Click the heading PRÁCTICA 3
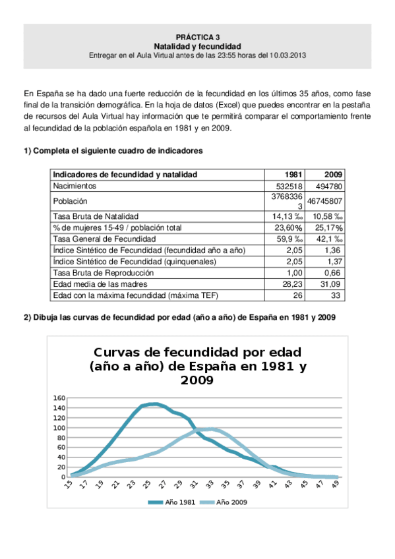click(197, 38)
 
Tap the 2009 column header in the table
click(333, 175)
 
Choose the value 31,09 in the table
click(332, 283)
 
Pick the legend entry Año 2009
click(230, 502)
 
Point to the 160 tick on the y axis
click(59, 398)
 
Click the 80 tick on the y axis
click(60, 438)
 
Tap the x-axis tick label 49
click(336, 485)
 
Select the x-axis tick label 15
click(69, 485)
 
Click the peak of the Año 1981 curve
click(154, 404)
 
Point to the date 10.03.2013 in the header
click(288, 56)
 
